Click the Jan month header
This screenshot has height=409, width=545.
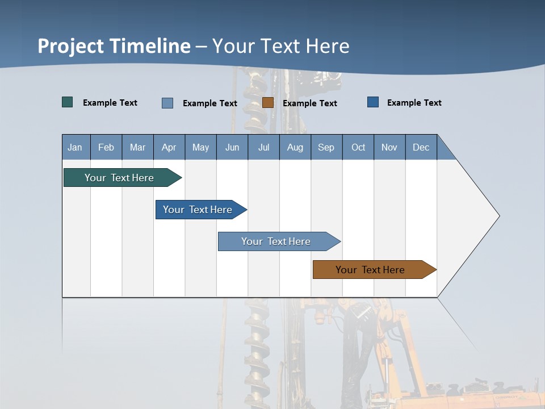76,147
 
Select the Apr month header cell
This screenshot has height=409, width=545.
169,147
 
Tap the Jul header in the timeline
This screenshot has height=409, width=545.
264,147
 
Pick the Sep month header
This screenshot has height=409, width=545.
326,147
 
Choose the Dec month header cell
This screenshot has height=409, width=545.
421,147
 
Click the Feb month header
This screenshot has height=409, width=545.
106,147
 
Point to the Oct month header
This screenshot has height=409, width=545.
358,147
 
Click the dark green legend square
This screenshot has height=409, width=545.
68,102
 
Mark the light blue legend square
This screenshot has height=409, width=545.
167,103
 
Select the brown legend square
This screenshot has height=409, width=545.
268,103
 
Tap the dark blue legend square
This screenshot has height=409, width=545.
373,102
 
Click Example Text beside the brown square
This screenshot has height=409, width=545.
309,103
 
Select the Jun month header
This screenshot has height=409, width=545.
232,147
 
